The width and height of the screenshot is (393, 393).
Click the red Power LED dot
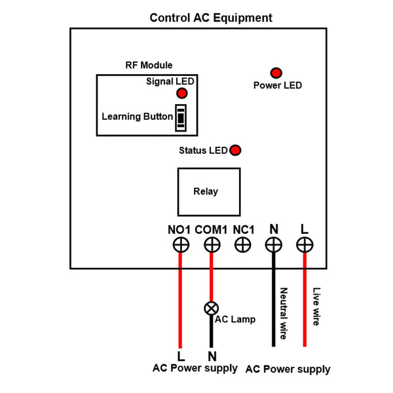pyautogui.click(x=276, y=72)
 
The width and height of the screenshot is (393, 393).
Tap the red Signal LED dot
pyautogui.click(x=181, y=94)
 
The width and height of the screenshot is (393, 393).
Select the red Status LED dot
pyautogui.click(x=235, y=151)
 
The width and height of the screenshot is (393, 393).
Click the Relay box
pyautogui.click(x=206, y=192)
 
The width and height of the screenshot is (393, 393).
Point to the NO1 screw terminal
pyautogui.click(x=180, y=245)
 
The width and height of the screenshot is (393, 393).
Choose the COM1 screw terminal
pyautogui.click(x=211, y=245)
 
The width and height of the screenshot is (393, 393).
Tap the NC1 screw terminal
pyautogui.click(x=242, y=245)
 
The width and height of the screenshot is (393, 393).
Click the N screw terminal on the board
pyautogui.click(x=273, y=245)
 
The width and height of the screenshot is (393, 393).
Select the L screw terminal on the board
pyautogui.click(x=304, y=245)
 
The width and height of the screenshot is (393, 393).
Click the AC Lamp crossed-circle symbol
pyautogui.click(x=211, y=308)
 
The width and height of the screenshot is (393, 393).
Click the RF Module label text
pyautogui.click(x=149, y=65)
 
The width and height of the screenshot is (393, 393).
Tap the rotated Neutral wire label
pyautogui.click(x=284, y=312)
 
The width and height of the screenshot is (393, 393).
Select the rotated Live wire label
pyautogui.click(x=316, y=307)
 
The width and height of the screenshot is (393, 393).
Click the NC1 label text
pyautogui.click(x=243, y=229)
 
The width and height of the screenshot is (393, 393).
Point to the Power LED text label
pyautogui.click(x=278, y=85)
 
